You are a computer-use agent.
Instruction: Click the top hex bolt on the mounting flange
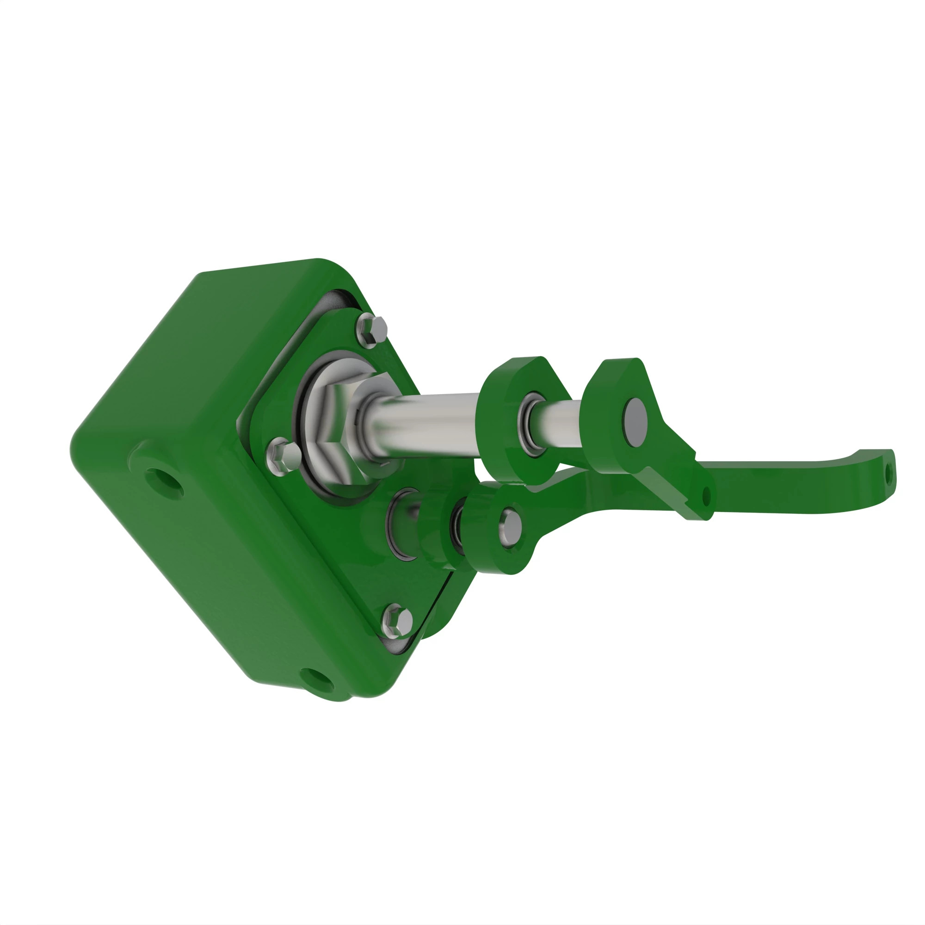click(x=372, y=329)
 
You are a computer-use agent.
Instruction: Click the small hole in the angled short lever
click(x=706, y=496)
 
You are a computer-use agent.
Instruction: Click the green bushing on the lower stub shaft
click(x=433, y=531)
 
